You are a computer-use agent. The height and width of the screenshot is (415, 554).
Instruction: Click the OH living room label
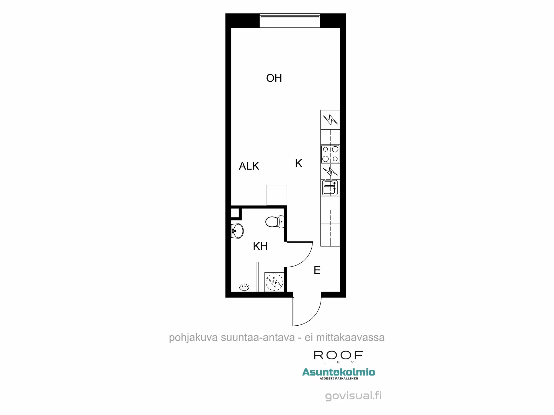point(274,78)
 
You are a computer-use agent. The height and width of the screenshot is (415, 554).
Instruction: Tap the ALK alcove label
point(249,166)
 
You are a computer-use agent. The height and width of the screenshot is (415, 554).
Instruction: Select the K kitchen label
point(298,163)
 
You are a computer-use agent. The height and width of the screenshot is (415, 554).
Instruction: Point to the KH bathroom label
point(260,246)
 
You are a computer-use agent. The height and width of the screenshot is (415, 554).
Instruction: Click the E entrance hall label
point(317,270)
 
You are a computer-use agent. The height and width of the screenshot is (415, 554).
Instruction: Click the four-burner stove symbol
point(330,154)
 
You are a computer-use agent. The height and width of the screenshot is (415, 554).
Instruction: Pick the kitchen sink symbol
point(330,188)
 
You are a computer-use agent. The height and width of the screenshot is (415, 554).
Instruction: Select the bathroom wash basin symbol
point(237,231)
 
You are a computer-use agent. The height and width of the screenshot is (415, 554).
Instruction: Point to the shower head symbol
point(244,287)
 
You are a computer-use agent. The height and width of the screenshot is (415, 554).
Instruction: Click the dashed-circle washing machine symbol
point(274,282)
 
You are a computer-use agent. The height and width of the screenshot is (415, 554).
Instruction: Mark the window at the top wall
point(289,21)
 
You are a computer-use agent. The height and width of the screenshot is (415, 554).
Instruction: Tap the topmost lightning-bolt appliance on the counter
point(330,120)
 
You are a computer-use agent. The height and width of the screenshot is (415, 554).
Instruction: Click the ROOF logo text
point(338,355)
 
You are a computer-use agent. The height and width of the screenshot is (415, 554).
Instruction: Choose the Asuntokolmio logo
point(338,373)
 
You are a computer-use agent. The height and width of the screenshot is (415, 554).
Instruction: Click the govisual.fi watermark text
point(353,396)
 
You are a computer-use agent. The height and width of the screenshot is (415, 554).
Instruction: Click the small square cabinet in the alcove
point(277,195)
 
